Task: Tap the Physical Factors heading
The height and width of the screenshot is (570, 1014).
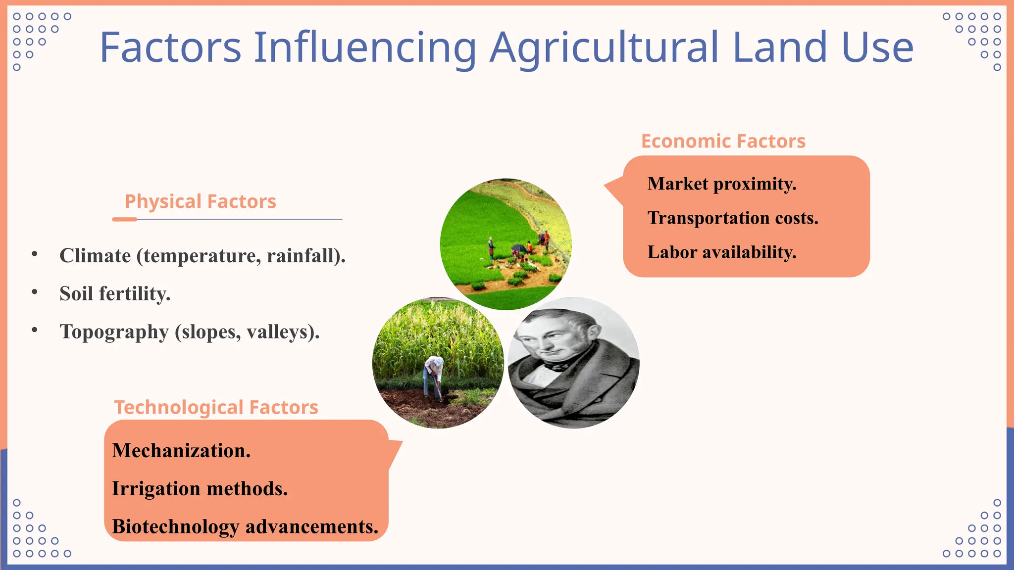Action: click(200, 201)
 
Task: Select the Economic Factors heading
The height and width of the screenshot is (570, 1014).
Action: click(723, 141)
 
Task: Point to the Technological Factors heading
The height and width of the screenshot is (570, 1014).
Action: click(216, 407)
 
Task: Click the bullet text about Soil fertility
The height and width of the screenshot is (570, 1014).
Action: click(115, 293)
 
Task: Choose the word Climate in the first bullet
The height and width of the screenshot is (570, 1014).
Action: click(95, 256)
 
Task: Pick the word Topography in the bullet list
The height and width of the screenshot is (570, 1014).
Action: click(114, 332)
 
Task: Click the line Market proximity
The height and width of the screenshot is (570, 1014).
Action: click(721, 184)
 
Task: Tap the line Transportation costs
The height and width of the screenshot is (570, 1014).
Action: click(733, 218)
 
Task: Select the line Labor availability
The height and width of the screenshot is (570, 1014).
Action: click(721, 252)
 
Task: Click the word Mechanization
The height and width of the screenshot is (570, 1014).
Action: click(181, 451)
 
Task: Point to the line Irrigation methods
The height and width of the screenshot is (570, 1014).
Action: click(200, 489)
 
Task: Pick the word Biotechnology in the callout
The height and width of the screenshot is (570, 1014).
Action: click(175, 526)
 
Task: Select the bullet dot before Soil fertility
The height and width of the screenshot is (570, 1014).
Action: click(35, 292)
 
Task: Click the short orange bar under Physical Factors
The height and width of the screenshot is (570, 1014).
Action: click(124, 219)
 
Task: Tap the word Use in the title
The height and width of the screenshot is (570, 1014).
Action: click(877, 48)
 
